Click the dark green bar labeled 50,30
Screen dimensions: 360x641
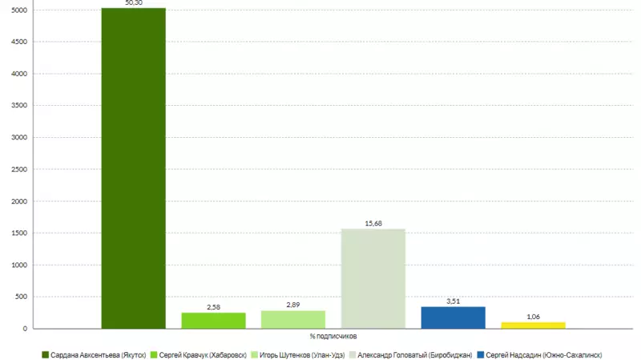tap(133, 168)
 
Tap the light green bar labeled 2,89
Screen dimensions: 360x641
tap(293, 319)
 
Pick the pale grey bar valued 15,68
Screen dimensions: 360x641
tap(373, 278)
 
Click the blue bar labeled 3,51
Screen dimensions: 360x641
tap(454, 318)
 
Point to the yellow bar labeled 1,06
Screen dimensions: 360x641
tap(533, 325)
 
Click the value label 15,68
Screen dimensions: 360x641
tap(373, 224)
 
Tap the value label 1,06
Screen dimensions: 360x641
tap(533, 317)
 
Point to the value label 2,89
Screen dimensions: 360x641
tap(293, 305)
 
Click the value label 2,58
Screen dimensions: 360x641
tap(213, 307)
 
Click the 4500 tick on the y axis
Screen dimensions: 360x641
tap(19, 42)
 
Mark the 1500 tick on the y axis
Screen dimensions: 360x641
tap(19, 233)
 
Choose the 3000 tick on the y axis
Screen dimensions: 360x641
tap(19, 137)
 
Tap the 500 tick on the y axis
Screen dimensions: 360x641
tap(22, 297)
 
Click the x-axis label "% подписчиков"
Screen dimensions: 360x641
tap(333, 336)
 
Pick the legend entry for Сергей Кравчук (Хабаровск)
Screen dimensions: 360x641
tap(198, 354)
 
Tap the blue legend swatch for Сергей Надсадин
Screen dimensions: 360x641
tap(480, 354)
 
